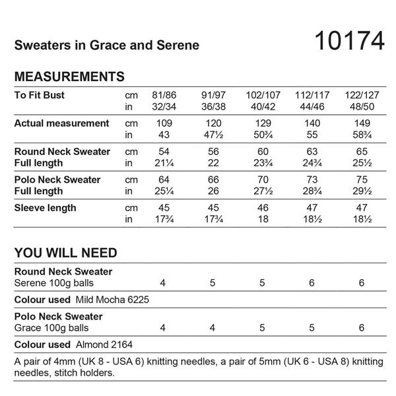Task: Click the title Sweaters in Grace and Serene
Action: click(x=106, y=46)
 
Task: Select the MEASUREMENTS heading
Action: click(x=69, y=76)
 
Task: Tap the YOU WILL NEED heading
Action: click(x=65, y=253)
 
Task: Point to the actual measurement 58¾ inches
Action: click(x=361, y=135)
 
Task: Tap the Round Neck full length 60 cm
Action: click(x=262, y=152)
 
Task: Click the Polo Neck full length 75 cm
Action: click(x=361, y=180)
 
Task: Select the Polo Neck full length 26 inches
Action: click(x=213, y=192)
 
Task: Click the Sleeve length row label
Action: click(x=45, y=208)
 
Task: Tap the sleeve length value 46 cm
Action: click(x=262, y=209)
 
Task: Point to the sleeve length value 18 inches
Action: click(x=262, y=220)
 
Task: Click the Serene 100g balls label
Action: click(x=53, y=283)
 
